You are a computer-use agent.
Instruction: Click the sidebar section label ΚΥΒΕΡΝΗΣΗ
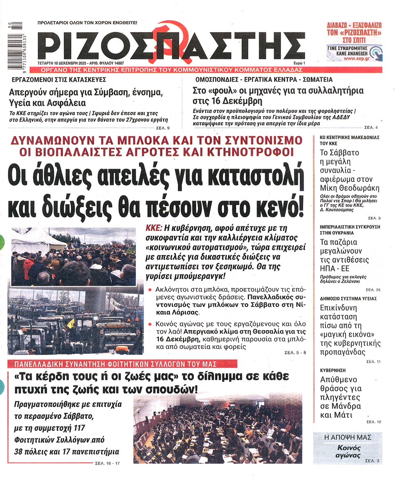click(333, 370)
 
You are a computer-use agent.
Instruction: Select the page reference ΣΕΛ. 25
click(373, 289)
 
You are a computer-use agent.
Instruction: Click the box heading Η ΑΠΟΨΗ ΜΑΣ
click(347, 437)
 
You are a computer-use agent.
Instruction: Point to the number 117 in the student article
click(113, 428)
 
